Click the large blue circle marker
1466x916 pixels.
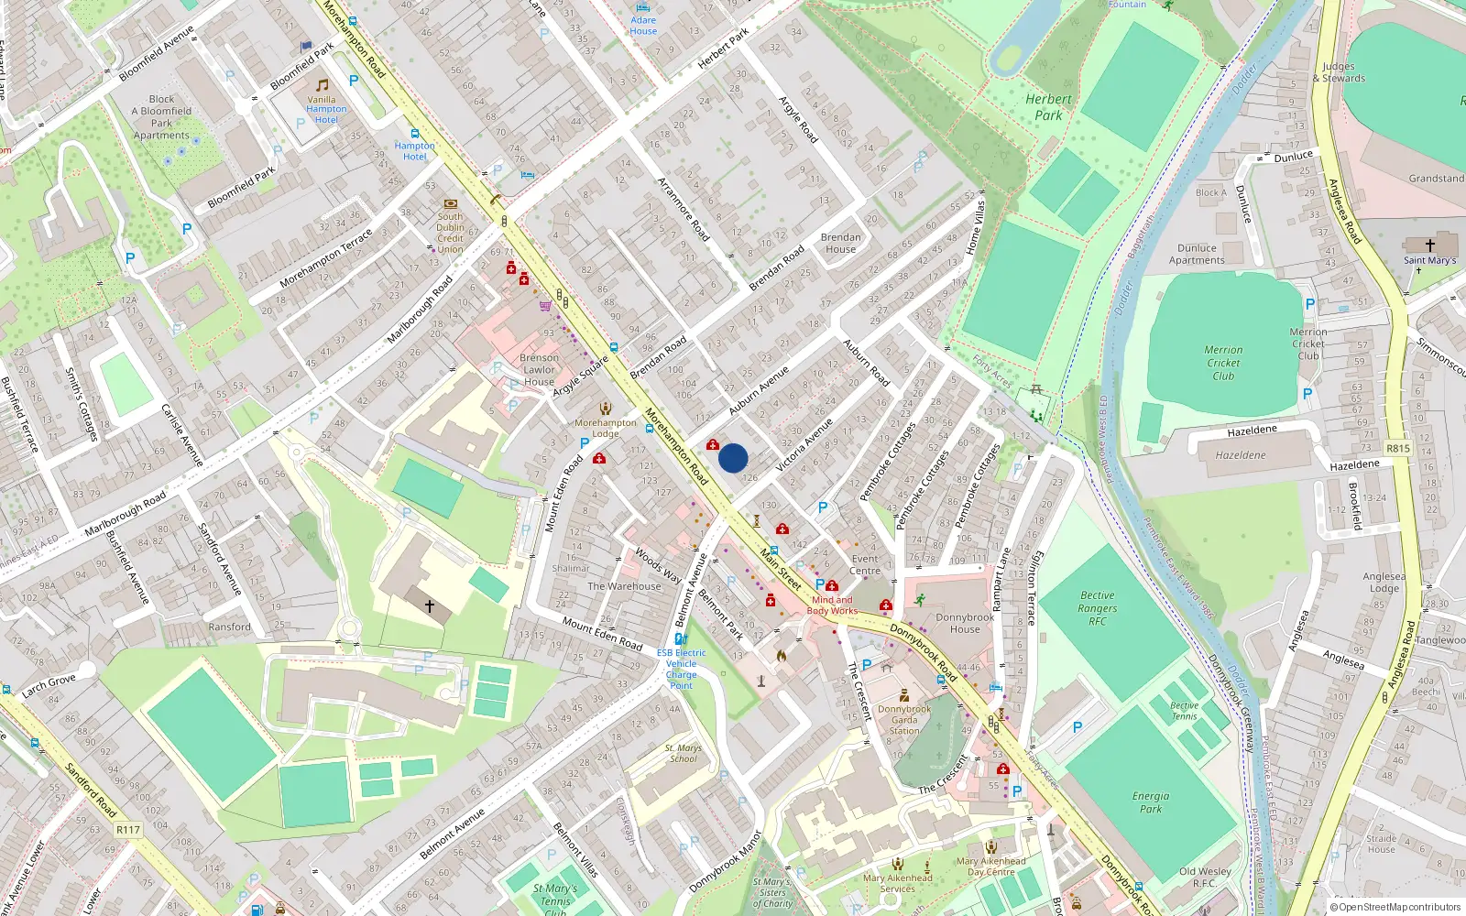(733, 458)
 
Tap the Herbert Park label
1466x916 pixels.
(1048, 107)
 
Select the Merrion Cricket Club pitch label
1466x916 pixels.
(1223, 363)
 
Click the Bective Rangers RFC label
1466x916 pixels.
(1097, 608)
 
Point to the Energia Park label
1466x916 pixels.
(1151, 802)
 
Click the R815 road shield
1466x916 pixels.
(1398, 449)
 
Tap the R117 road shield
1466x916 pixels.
(128, 830)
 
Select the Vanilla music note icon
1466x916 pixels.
(322, 85)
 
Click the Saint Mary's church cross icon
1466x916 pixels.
(1429, 245)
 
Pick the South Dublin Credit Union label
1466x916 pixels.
(450, 233)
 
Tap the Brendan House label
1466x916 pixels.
(840, 243)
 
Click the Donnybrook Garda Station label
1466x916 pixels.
(903, 720)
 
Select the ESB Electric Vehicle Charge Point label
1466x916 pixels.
(681, 669)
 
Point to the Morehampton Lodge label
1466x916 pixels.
(605, 428)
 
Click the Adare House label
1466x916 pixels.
(643, 26)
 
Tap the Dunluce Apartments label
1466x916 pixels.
(1197, 254)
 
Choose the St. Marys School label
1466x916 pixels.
(684, 753)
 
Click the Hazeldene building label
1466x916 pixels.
(1241, 455)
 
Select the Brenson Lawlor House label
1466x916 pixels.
(539, 370)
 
